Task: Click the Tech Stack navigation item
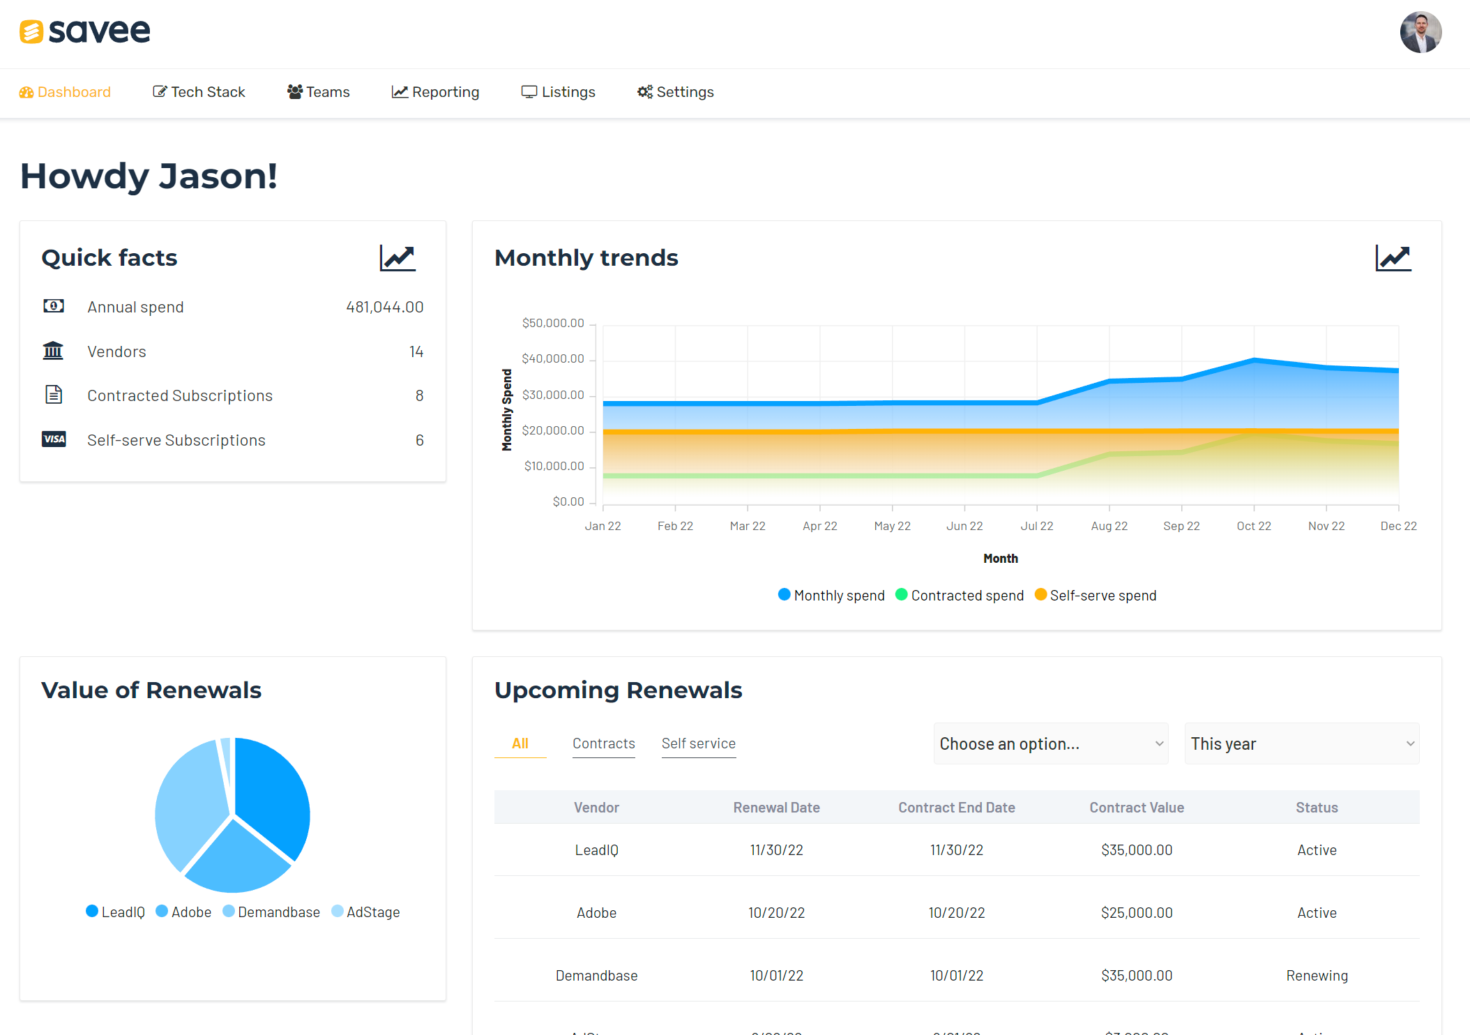(199, 92)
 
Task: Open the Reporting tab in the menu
(436, 92)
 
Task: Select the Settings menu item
(676, 92)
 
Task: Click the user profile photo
(1420, 32)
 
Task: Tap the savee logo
(85, 31)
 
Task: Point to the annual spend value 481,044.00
(384, 307)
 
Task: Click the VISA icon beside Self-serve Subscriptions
(54, 439)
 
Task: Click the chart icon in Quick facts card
(397, 258)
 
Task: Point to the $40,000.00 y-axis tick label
(553, 358)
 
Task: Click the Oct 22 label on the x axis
(1254, 526)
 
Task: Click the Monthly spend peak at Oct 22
(1254, 360)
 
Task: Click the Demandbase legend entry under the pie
(271, 912)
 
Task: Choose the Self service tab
(698, 743)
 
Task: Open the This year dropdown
(1301, 743)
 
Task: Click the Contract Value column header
(1137, 808)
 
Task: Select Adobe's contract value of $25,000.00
(1137, 913)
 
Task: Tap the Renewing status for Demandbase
(1317, 976)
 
